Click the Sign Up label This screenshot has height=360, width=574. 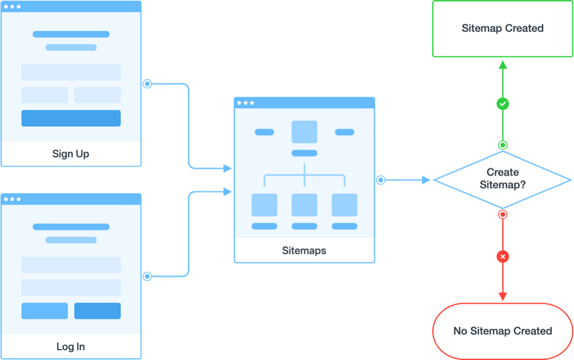pyautogui.click(x=71, y=154)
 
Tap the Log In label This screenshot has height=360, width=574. pyautogui.click(x=71, y=347)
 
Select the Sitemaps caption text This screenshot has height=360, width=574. pyautogui.click(x=304, y=250)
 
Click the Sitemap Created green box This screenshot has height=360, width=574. pyautogui.click(x=502, y=29)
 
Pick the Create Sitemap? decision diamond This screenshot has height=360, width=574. pyautogui.click(x=502, y=179)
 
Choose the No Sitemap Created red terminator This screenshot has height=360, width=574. pyautogui.click(x=502, y=331)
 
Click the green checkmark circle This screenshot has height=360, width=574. pyautogui.click(x=503, y=104)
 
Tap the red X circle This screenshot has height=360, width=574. pyautogui.click(x=503, y=257)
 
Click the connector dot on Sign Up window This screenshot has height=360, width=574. pyautogui.click(x=147, y=83)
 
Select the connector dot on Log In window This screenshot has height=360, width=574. pyautogui.click(x=147, y=277)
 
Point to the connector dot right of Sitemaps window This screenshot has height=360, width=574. pyautogui.click(x=381, y=180)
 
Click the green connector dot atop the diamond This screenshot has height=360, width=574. pyautogui.click(x=503, y=145)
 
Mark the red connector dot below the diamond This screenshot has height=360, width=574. pyautogui.click(x=503, y=215)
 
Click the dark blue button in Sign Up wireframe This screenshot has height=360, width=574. pyautogui.click(x=71, y=118)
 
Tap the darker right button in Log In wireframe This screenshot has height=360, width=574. pyautogui.click(x=97, y=311)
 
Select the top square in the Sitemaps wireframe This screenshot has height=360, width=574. pyautogui.click(x=304, y=132)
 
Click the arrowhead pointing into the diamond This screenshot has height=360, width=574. pyautogui.click(x=426, y=181)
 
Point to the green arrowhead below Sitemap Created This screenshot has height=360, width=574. pyautogui.click(x=503, y=64)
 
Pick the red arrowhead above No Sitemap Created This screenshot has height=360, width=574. pyautogui.click(x=503, y=296)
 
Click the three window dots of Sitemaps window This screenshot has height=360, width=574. pyautogui.click(x=246, y=103)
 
